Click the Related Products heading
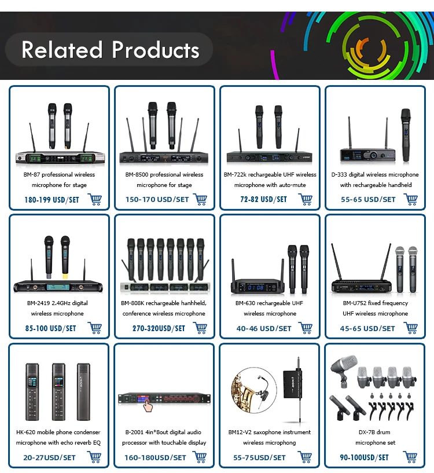click(110, 50)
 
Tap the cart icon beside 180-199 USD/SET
click(95, 199)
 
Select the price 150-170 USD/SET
click(157, 199)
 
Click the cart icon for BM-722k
click(306, 199)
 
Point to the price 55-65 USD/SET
click(368, 199)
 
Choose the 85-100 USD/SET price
click(51, 328)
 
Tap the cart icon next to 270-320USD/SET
click(200, 328)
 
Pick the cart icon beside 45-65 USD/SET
click(411, 328)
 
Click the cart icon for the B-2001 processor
click(200, 457)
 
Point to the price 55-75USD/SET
click(260, 457)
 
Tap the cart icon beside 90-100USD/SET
click(411, 457)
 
